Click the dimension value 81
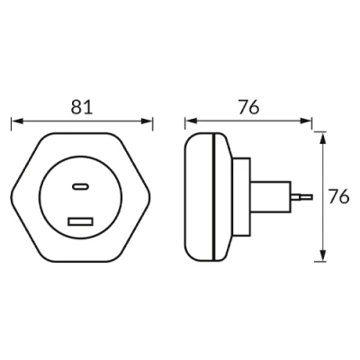(x=82, y=106)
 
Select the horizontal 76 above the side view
(x=249, y=106)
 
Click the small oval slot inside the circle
(x=81, y=187)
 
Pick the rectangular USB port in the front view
(x=81, y=220)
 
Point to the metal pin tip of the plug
(x=306, y=195)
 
